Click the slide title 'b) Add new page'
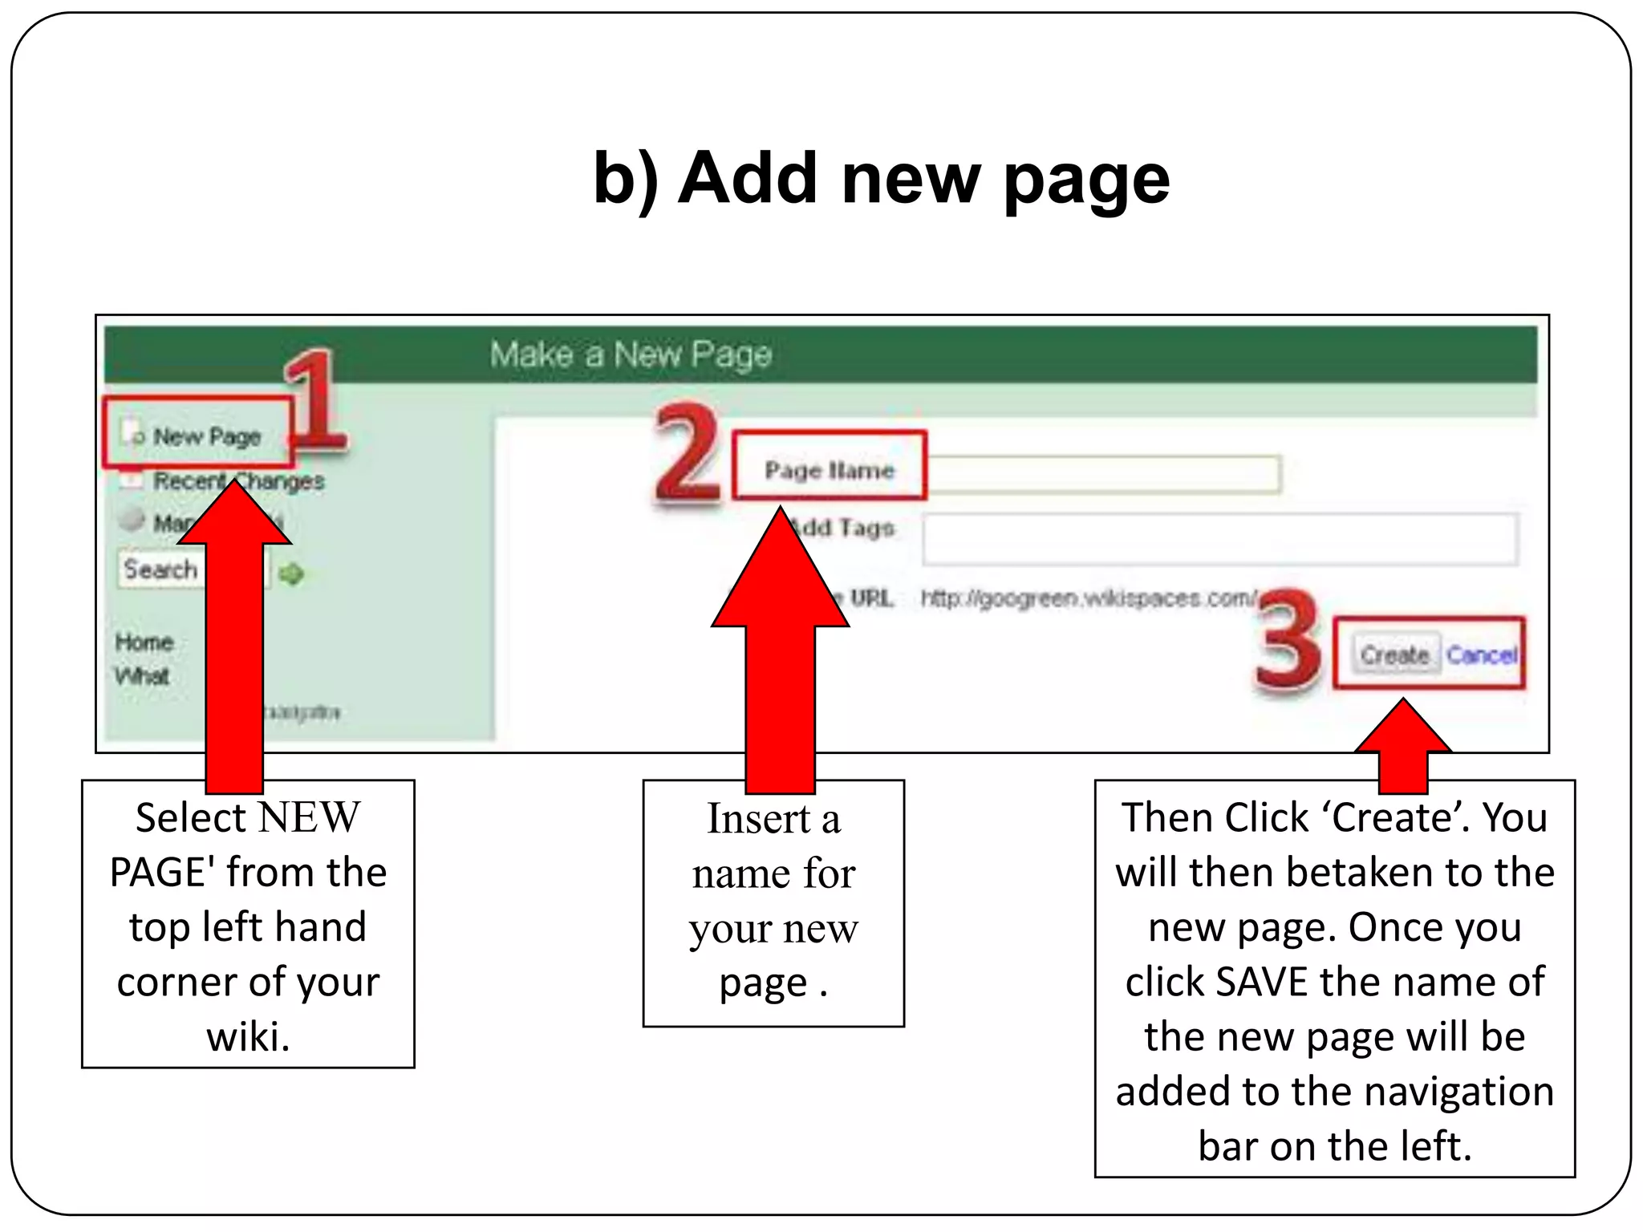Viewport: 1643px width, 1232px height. tap(881, 178)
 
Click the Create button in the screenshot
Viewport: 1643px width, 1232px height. tap(1394, 654)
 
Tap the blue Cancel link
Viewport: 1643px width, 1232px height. tap(1482, 654)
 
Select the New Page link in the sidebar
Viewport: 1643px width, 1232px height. tap(206, 436)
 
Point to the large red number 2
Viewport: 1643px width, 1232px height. tap(688, 455)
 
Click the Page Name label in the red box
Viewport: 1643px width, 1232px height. tap(829, 469)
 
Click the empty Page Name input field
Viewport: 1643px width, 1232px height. tap(1103, 473)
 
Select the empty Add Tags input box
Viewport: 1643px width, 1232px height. tap(1219, 539)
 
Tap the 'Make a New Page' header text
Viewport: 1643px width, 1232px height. tap(631, 354)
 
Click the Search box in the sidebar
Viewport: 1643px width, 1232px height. tap(160, 569)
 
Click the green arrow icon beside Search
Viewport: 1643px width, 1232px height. tap(291, 573)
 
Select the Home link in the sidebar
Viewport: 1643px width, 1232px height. tap(144, 642)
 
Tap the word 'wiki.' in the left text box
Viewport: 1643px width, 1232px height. tap(248, 1036)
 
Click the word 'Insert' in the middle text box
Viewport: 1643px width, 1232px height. tap(758, 819)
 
